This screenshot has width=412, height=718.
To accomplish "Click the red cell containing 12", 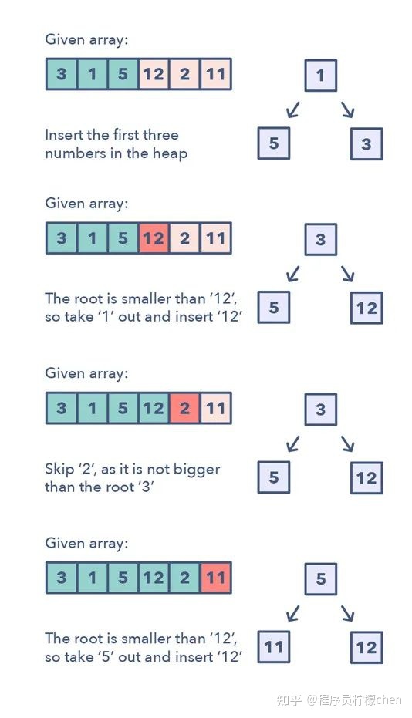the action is pos(154,238).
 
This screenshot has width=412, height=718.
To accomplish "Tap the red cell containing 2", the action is pos(184,408).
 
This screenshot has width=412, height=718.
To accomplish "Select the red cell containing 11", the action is pos(216,578).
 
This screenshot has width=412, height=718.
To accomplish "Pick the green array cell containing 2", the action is pos(184,578).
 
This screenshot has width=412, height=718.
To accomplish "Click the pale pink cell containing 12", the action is pos(154,74).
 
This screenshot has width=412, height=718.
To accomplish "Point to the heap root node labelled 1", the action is pos(321,76).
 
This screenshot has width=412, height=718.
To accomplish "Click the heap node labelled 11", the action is pos(274,647).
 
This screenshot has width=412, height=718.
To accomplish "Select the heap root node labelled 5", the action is pos(321,579).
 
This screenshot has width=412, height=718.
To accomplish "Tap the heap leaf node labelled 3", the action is pos(366,143).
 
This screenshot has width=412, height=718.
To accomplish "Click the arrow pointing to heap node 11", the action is pos(293,613).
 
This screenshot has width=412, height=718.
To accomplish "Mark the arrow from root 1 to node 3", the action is pos(348,110).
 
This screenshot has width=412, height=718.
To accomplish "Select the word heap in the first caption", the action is pos(170,154).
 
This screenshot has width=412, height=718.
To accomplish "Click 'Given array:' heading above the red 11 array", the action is pos(86,544).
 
